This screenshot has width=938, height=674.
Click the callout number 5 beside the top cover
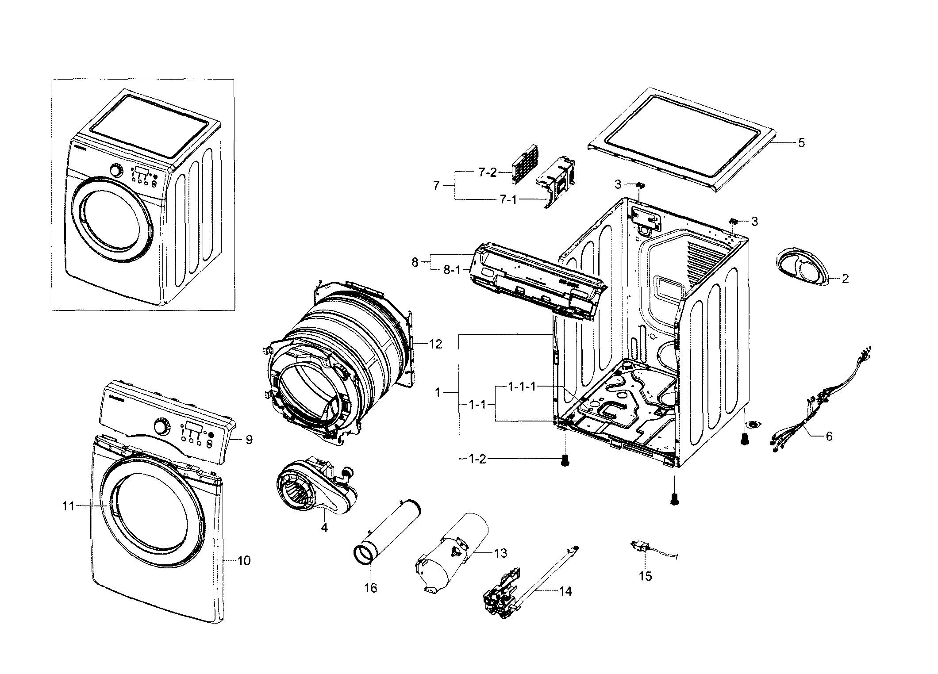801,143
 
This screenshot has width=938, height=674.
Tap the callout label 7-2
488,172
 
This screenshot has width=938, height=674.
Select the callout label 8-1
452,270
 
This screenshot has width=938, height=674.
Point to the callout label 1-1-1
522,387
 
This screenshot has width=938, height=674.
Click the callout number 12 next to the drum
435,344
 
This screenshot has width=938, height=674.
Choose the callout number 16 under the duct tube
371,588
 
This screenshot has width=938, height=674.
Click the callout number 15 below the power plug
646,576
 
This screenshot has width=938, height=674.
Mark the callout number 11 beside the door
68,506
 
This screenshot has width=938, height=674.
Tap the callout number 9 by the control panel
249,440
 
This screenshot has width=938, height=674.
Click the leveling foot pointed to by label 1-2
565,461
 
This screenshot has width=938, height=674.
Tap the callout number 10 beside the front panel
244,561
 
